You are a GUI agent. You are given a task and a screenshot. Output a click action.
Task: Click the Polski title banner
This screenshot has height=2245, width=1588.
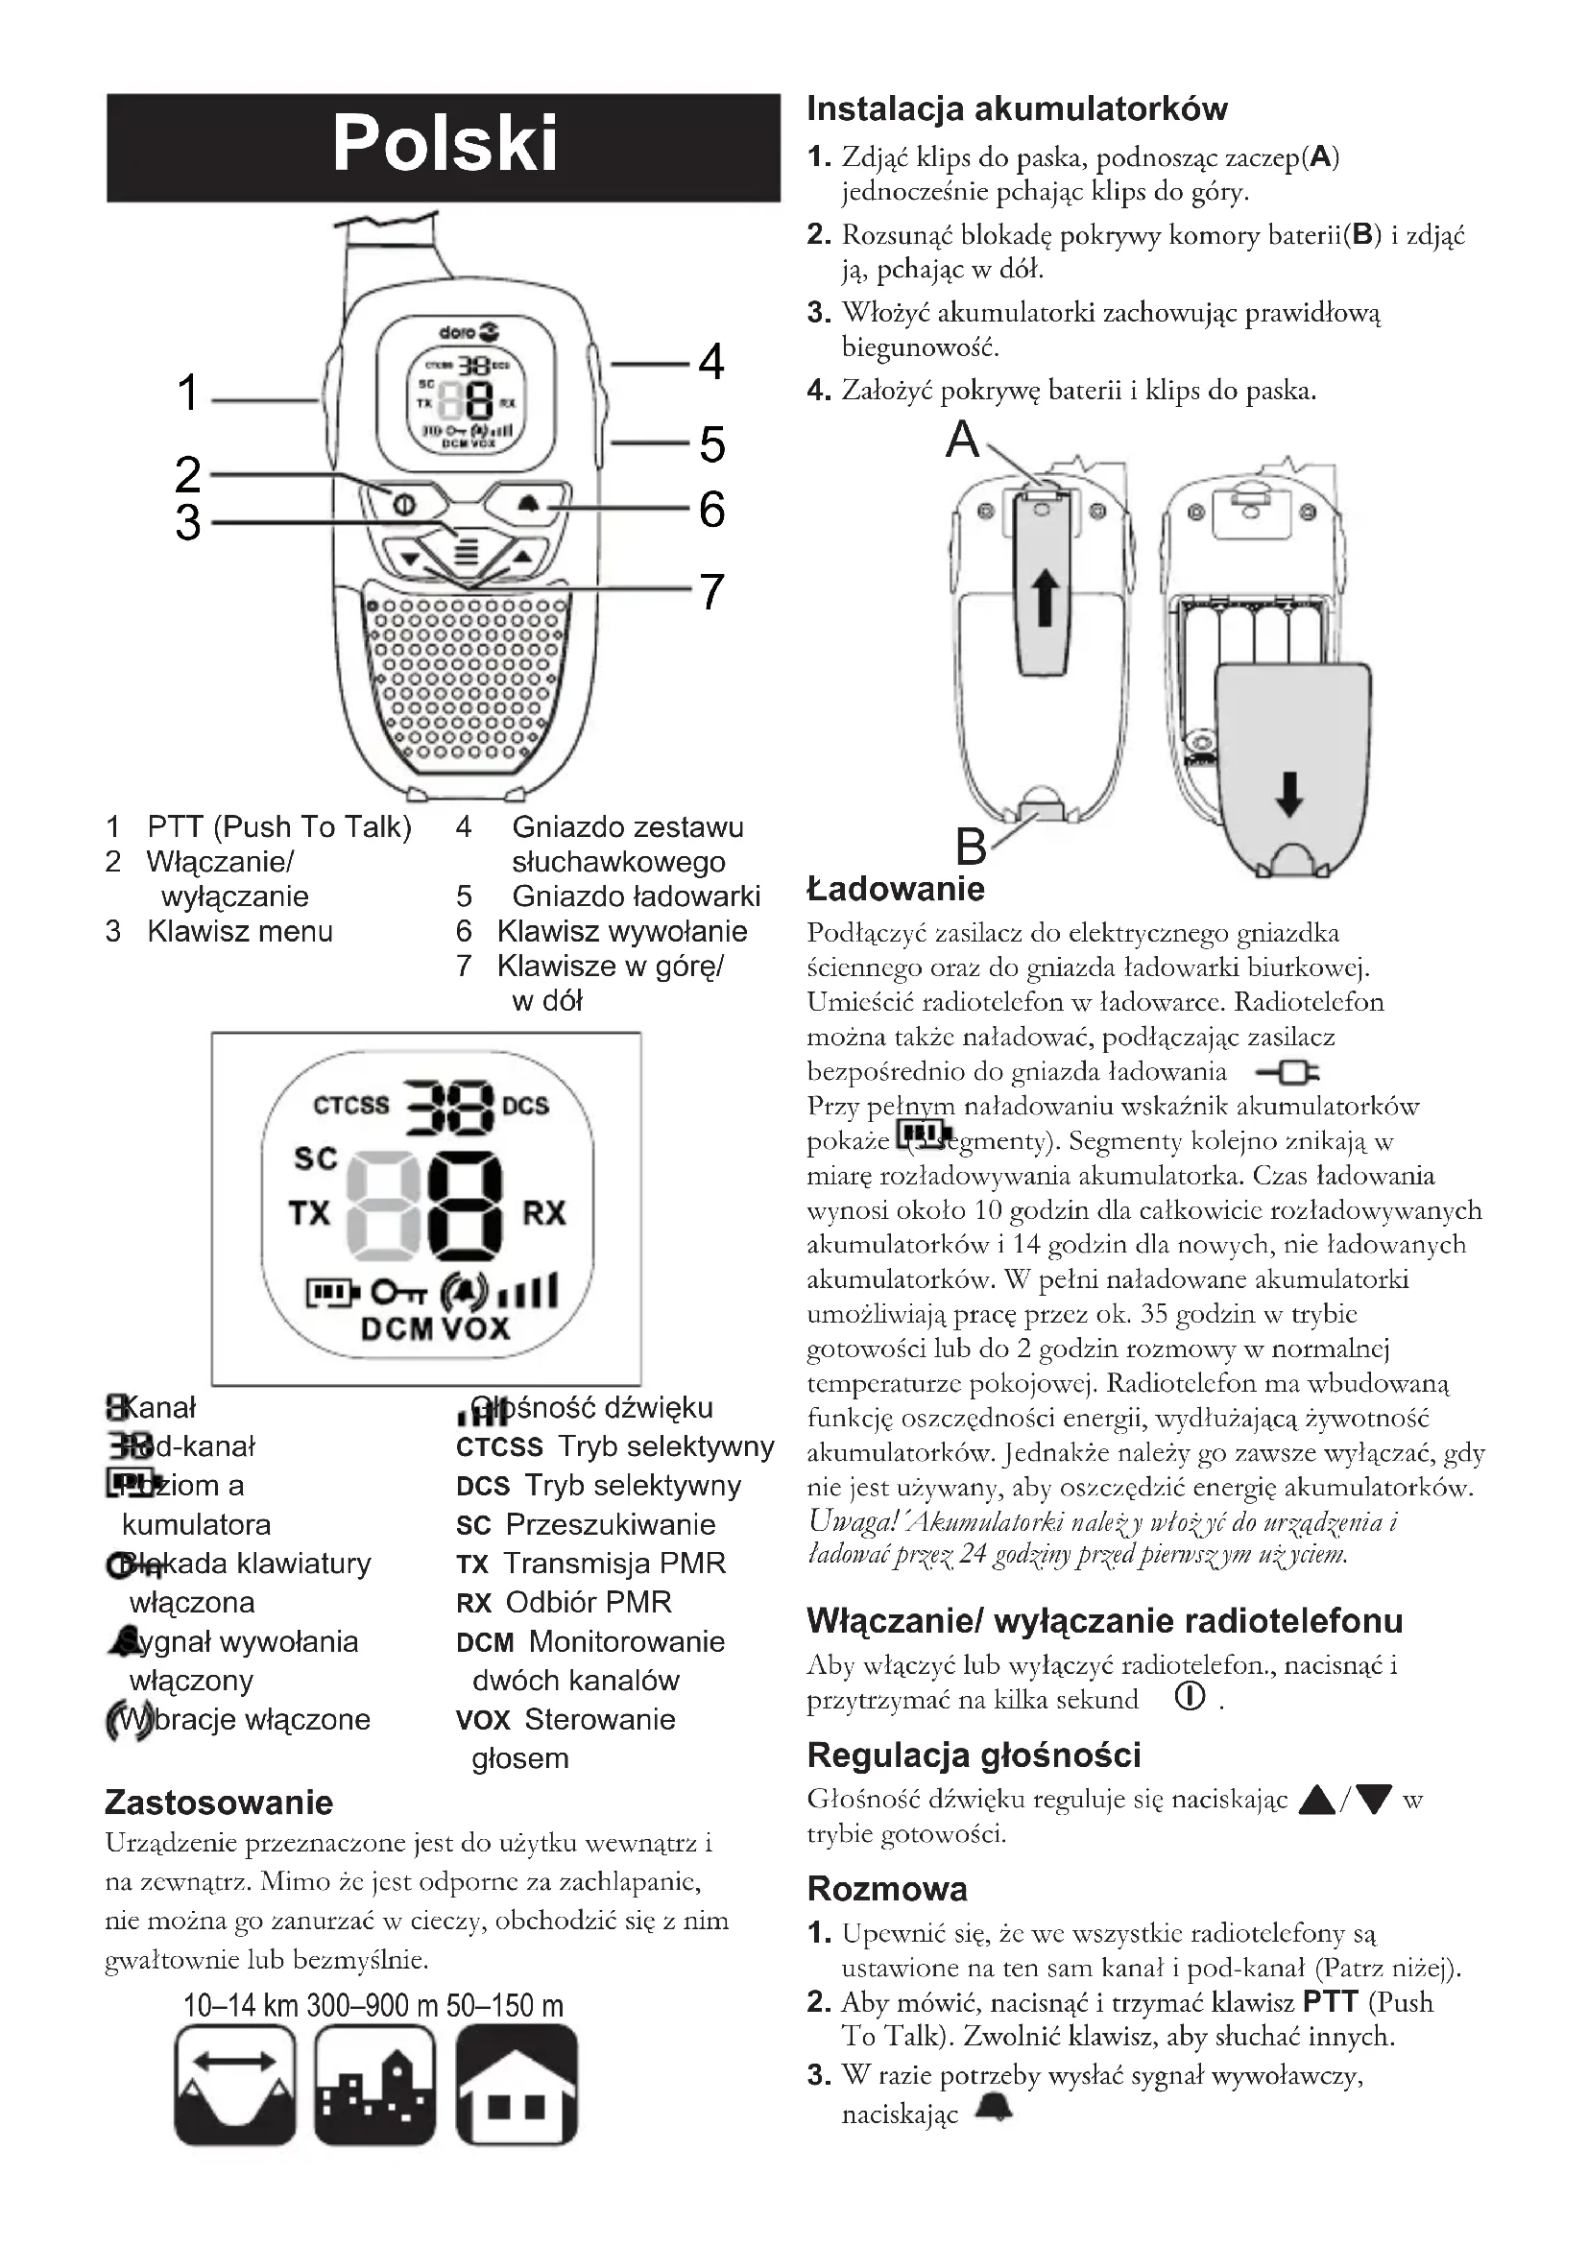[443, 147]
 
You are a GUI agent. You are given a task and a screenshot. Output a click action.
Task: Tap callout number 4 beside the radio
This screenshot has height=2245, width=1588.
[710, 362]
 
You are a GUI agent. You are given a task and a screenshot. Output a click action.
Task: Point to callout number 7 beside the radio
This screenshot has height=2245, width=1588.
[710, 591]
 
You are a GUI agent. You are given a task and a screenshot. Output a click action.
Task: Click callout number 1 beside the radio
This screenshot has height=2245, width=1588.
[188, 394]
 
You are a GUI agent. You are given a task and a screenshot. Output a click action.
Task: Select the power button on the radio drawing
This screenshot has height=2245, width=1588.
[404, 505]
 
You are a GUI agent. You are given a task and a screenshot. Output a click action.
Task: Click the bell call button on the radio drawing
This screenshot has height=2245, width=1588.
[528, 505]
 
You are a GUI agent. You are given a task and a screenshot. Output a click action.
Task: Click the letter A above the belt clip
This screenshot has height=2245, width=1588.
[962, 440]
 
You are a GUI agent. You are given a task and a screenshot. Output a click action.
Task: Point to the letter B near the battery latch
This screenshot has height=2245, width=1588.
[971, 846]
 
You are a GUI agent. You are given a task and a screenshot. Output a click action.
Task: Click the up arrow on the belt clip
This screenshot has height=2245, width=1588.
[1046, 598]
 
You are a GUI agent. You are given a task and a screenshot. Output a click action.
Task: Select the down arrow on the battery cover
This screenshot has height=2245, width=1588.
[1289, 793]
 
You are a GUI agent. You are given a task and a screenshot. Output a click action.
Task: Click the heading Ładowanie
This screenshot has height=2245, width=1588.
[896, 889]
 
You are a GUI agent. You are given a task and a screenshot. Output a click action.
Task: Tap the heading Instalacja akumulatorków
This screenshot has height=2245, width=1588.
[1017, 108]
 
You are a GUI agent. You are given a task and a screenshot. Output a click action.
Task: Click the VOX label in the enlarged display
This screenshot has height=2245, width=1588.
[476, 1328]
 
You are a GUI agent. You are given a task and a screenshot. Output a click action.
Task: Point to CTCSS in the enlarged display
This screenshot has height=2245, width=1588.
[351, 1105]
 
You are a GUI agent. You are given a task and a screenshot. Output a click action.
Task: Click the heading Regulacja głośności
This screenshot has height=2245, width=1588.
[974, 1755]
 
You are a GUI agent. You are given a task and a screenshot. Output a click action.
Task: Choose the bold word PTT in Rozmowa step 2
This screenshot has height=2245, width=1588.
[1331, 2001]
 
